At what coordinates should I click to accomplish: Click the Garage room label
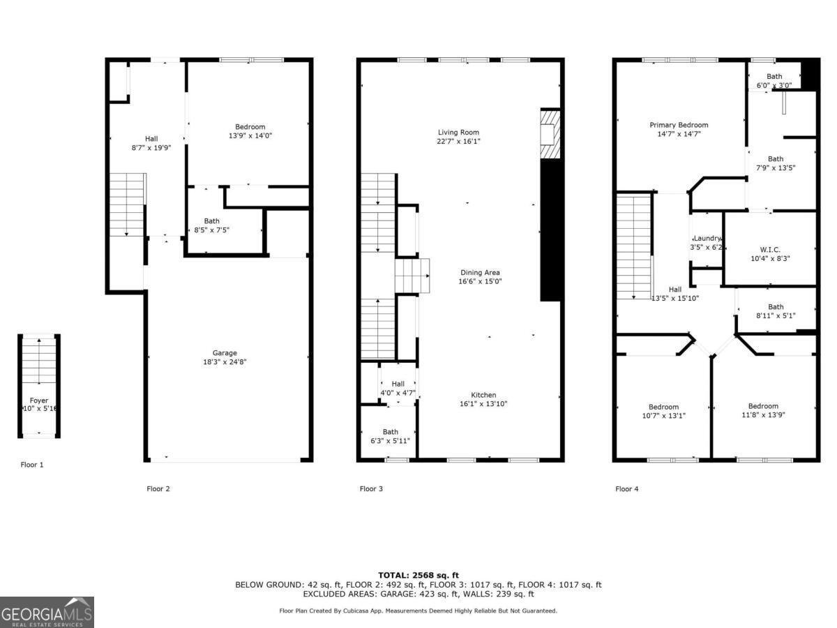(x=225, y=353)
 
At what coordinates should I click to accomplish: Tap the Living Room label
(x=458, y=132)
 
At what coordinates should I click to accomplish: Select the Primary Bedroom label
(x=679, y=125)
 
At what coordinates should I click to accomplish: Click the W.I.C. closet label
(x=769, y=249)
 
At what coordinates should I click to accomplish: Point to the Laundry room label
(x=707, y=239)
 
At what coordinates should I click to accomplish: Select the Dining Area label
(x=479, y=272)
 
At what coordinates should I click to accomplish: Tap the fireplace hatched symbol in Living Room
(x=550, y=133)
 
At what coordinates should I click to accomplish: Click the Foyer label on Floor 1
(x=38, y=401)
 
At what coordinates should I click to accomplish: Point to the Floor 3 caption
(x=371, y=488)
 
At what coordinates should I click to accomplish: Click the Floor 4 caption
(x=626, y=488)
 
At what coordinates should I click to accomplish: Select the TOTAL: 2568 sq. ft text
(x=418, y=575)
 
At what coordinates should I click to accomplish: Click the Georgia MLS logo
(x=47, y=613)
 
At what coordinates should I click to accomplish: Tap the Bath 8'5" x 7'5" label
(x=211, y=220)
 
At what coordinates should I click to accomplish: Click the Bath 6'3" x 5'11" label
(x=390, y=432)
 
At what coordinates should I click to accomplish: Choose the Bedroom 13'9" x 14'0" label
(x=250, y=127)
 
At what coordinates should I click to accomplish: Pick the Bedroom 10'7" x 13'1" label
(x=663, y=407)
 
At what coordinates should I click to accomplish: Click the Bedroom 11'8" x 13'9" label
(x=763, y=406)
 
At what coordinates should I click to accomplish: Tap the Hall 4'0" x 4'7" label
(x=398, y=384)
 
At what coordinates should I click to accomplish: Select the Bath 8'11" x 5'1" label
(x=776, y=306)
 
